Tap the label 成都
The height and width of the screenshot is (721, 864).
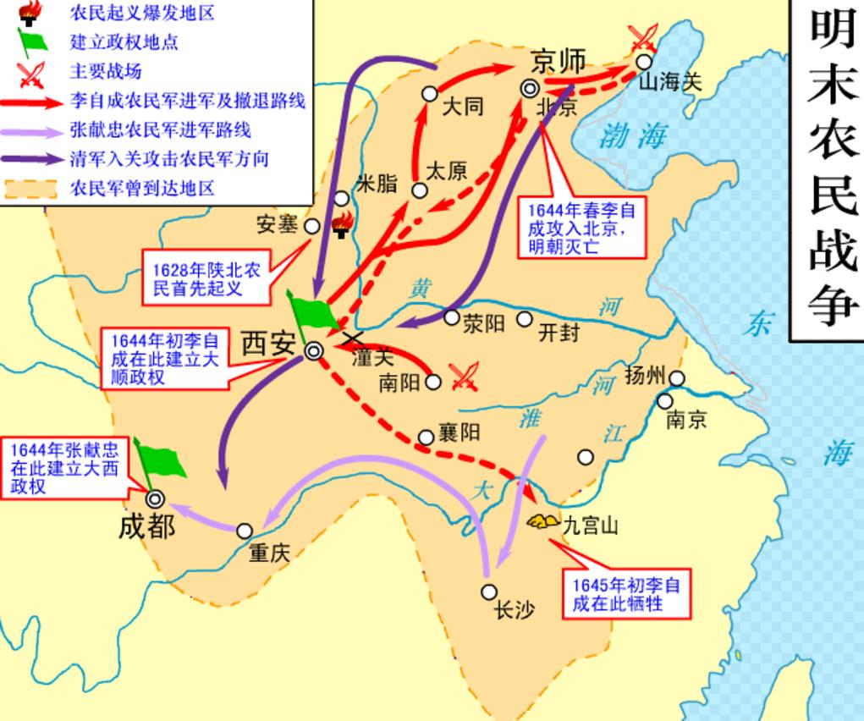(146, 526)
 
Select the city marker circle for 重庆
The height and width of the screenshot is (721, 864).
(245, 531)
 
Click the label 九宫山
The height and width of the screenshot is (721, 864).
(591, 526)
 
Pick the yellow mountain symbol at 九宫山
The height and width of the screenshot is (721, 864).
(539, 521)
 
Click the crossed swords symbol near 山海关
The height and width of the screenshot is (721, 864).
(644, 37)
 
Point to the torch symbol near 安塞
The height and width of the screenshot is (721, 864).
(342, 224)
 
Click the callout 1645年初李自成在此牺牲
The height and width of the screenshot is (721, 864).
(625, 594)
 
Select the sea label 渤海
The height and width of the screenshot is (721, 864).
(634, 135)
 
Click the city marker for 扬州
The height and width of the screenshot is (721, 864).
(677, 378)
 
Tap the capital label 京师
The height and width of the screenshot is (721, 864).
(559, 60)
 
